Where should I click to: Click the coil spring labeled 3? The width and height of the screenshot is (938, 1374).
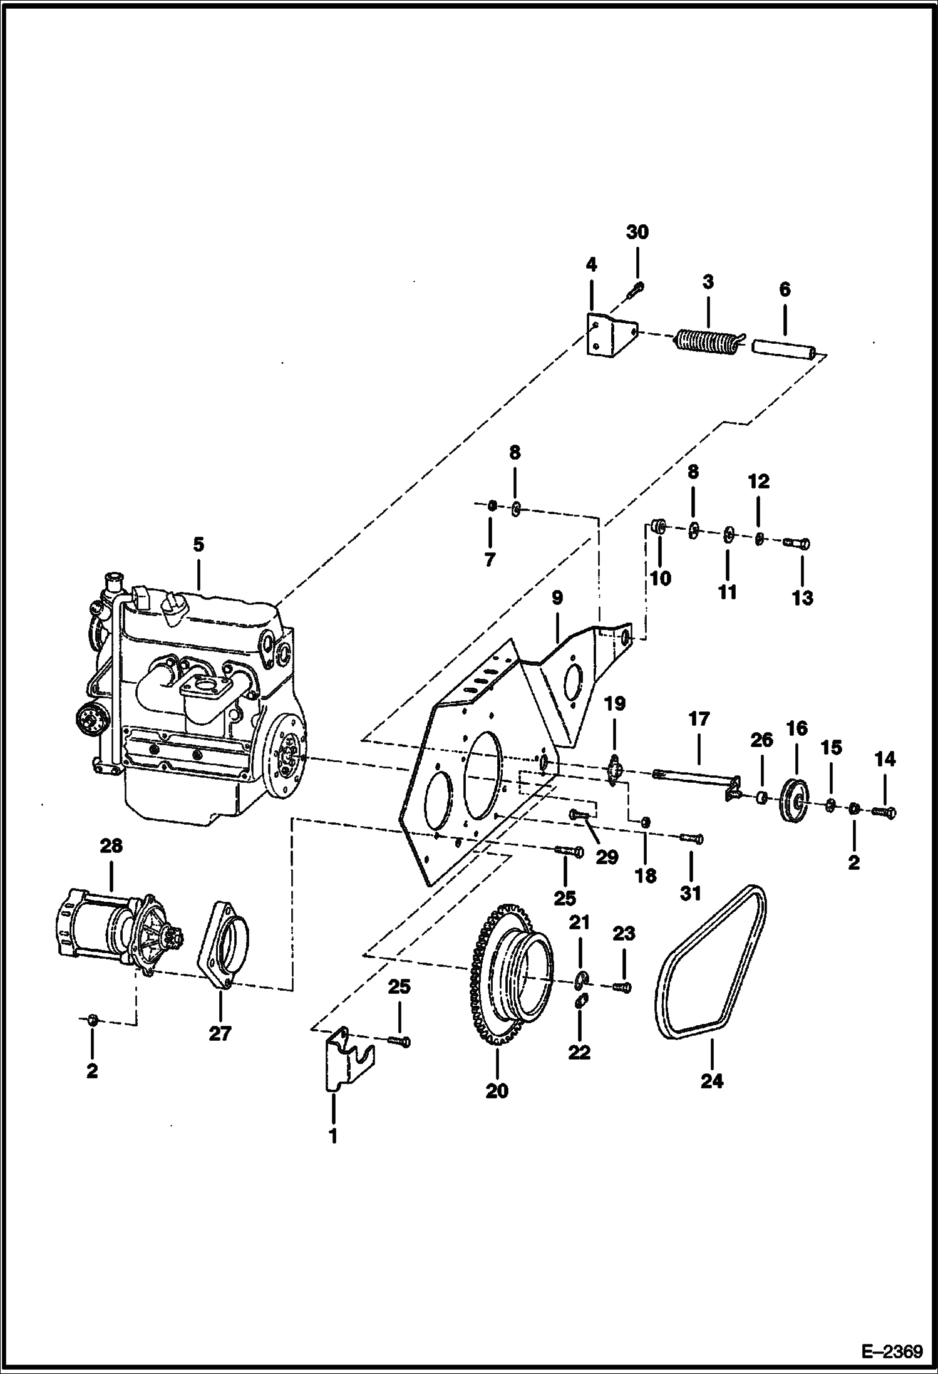click(706, 341)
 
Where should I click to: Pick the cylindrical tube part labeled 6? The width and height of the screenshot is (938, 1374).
click(785, 349)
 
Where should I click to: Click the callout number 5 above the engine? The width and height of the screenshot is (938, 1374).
click(198, 544)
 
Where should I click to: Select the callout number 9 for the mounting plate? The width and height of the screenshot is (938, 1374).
click(557, 598)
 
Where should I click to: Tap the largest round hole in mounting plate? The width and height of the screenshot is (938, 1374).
click(482, 775)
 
